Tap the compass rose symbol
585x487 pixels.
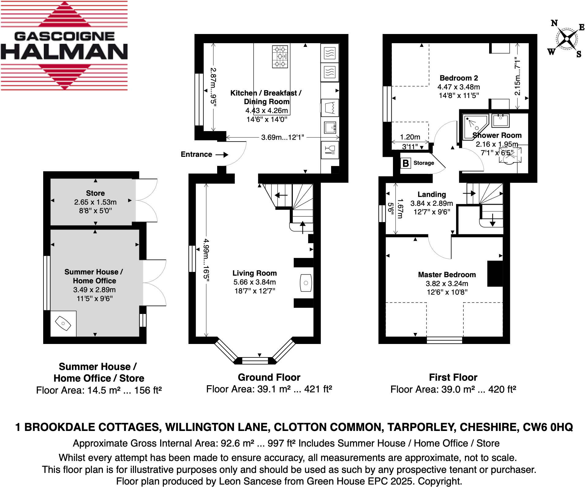567,39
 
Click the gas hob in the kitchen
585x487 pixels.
280,57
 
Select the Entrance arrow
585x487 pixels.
222,155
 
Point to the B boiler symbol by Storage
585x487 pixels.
406,163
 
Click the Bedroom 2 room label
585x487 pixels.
459,78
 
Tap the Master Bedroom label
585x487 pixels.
447,275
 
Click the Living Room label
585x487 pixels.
255,273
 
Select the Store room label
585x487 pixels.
95,193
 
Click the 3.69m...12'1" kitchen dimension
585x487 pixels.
282,138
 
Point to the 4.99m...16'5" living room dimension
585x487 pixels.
206,259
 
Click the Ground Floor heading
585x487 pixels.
269,377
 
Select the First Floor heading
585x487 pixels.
453,377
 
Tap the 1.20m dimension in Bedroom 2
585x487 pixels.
410,137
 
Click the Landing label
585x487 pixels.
432,194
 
